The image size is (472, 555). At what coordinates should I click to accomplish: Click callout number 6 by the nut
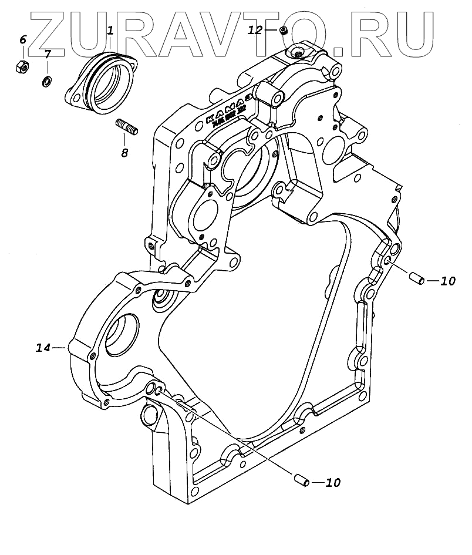point(23,40)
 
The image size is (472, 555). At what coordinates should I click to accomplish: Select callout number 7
point(48,54)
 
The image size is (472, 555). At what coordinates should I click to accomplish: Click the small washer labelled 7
point(46,80)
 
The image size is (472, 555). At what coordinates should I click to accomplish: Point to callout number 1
point(109,28)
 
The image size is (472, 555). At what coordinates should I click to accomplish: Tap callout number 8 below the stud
point(124,153)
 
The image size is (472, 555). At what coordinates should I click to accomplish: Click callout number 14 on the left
point(43,348)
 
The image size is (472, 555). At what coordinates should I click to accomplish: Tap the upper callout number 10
point(447,281)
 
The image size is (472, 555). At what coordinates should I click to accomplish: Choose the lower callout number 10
point(333,483)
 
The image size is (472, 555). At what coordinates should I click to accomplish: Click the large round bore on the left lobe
point(122,333)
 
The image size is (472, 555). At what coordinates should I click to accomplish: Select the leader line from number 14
point(60,348)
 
